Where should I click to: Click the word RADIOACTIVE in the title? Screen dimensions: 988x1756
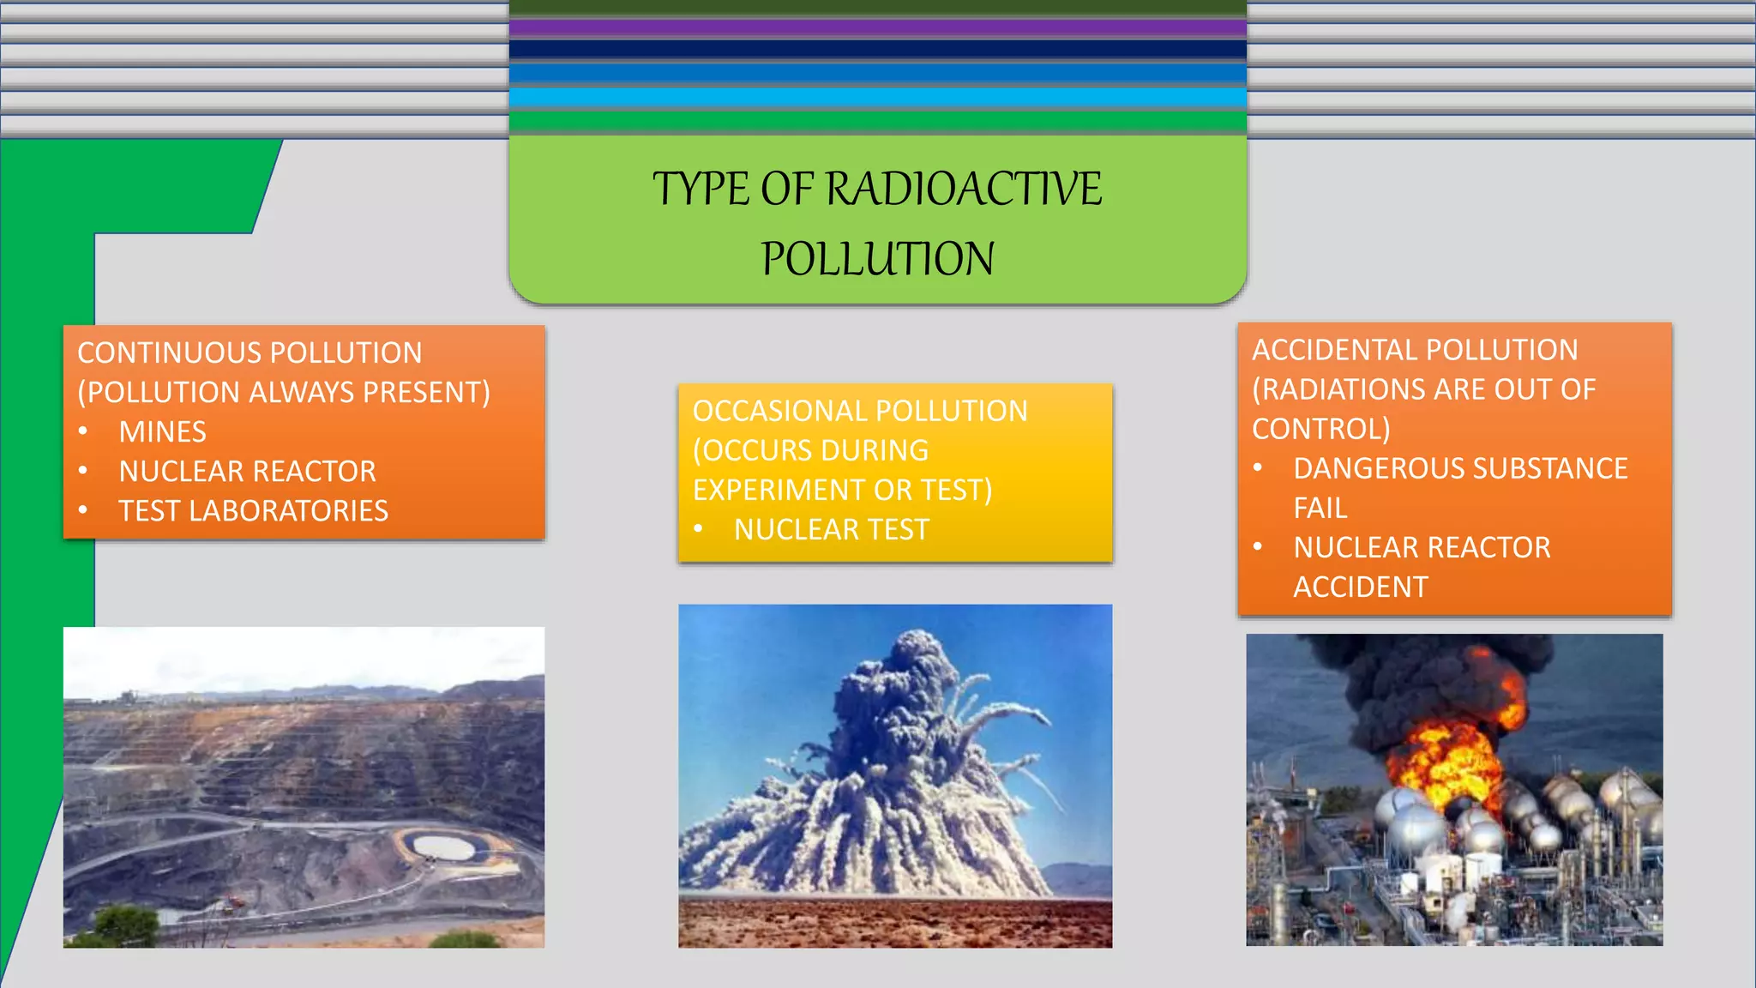pyautogui.click(x=964, y=189)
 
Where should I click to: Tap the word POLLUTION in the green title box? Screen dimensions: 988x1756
pyautogui.click(x=877, y=259)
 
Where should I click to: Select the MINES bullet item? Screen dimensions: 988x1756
pyautogui.click(x=162, y=431)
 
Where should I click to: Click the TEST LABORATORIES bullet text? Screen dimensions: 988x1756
pyautogui.click(x=253, y=511)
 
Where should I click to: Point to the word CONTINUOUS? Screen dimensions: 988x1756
pyautogui.click(x=169, y=352)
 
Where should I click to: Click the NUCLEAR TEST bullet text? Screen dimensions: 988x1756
pyautogui.click(x=831, y=530)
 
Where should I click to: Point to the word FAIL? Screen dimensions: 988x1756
pyautogui.click(x=1320, y=508)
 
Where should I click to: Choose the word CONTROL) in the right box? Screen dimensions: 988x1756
pyautogui.click(x=1320, y=429)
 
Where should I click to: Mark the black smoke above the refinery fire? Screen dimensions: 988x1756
pyautogui.click(x=1415, y=678)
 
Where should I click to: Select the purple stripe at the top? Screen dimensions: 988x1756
pyautogui.click(x=877, y=27)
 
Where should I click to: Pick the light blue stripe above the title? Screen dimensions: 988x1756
pyautogui.click(x=877, y=97)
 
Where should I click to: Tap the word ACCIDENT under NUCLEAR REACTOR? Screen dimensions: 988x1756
pyautogui.click(x=1360, y=587)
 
